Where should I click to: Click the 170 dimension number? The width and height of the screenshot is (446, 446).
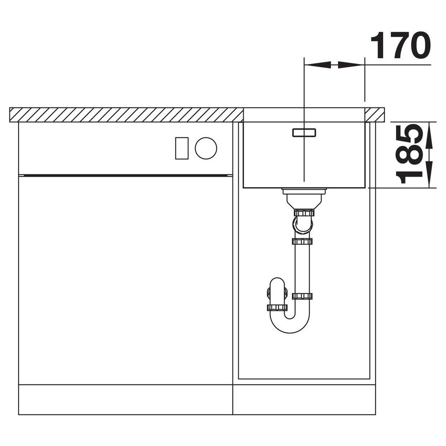point(401,45)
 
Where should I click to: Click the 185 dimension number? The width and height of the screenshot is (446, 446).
point(409,154)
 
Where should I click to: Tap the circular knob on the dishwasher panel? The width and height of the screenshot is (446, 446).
point(206,148)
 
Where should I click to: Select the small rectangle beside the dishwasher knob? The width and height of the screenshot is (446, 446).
point(182,148)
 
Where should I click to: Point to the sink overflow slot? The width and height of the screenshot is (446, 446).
point(304,133)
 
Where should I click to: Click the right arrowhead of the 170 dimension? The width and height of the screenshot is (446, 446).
point(351,65)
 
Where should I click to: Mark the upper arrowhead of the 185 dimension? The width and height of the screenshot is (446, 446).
point(429,135)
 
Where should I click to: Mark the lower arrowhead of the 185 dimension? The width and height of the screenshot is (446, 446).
point(429,174)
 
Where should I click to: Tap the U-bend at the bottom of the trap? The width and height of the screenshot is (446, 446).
point(290,324)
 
